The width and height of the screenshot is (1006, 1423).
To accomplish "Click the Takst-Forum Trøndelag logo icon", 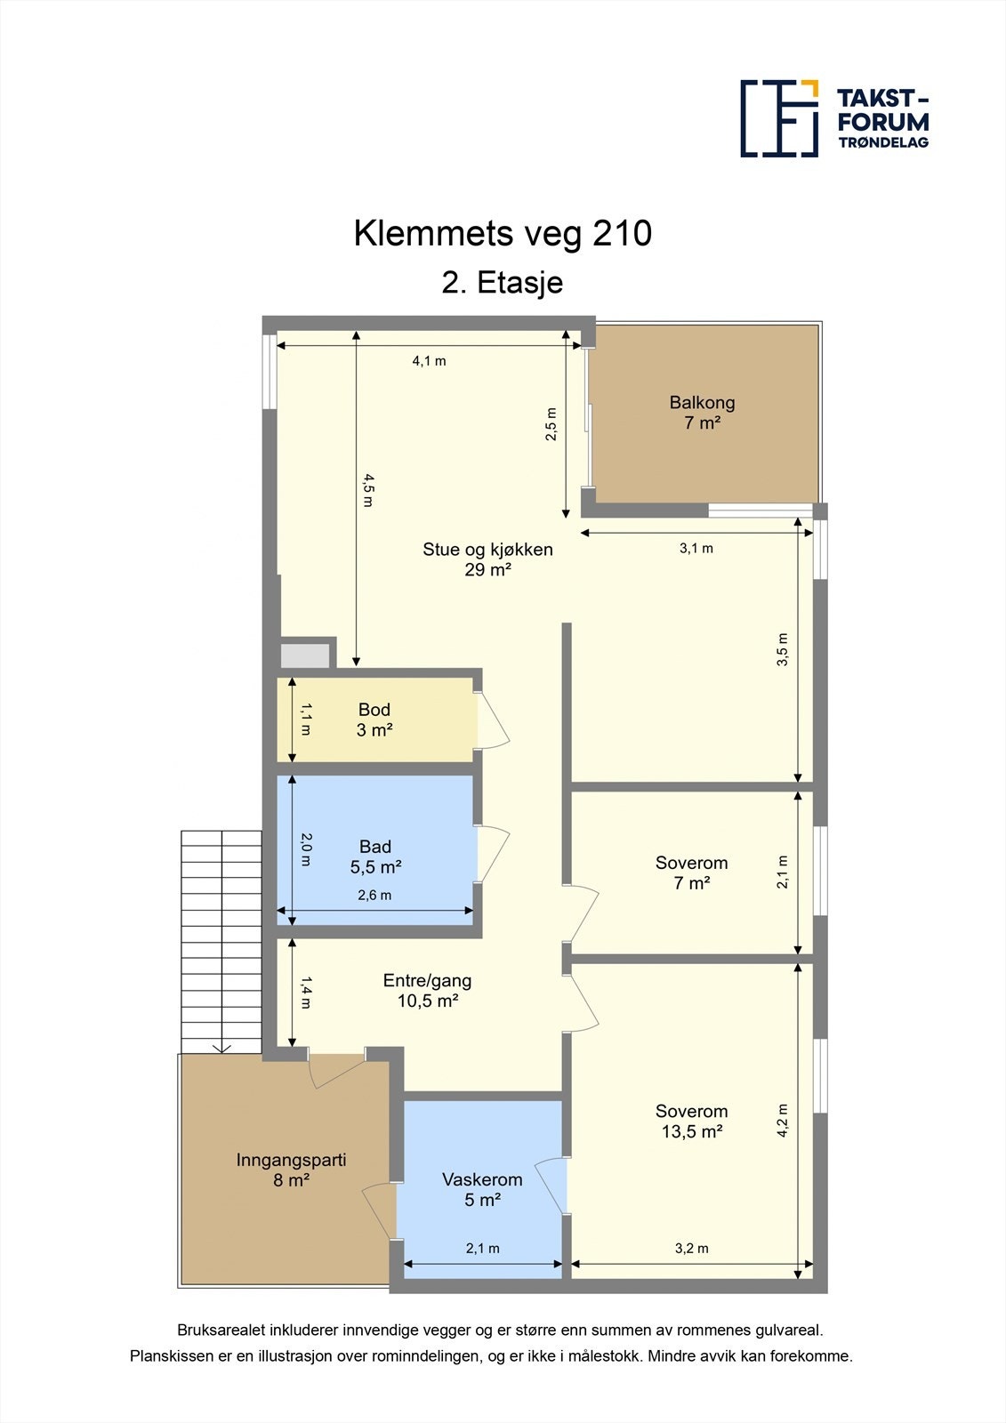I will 779,118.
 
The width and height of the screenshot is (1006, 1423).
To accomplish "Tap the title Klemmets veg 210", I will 503,233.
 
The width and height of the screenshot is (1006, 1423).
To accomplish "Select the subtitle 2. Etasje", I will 503,283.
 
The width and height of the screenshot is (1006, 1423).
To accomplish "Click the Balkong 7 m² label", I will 702,413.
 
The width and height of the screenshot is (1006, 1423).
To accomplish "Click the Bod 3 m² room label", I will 374,720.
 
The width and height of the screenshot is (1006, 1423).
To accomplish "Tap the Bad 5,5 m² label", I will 375,856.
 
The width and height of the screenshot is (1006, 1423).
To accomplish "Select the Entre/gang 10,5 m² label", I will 427,990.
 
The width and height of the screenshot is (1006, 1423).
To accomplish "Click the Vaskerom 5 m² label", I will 482,1189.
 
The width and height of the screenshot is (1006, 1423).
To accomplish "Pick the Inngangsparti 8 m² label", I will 291,1170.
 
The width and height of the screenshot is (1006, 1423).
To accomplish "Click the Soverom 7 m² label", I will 691,872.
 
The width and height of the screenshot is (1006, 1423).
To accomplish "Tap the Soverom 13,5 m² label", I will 691,1121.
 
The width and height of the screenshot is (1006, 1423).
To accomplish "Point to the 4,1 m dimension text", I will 429,361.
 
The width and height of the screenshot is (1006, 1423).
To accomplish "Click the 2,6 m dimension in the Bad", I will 374,896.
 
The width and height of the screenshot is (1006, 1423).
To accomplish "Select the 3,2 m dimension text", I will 691,1249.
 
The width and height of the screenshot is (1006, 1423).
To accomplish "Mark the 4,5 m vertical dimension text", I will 368,490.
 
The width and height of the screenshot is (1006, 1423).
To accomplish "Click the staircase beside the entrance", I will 221,941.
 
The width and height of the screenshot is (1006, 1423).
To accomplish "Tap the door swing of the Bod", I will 493,719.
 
